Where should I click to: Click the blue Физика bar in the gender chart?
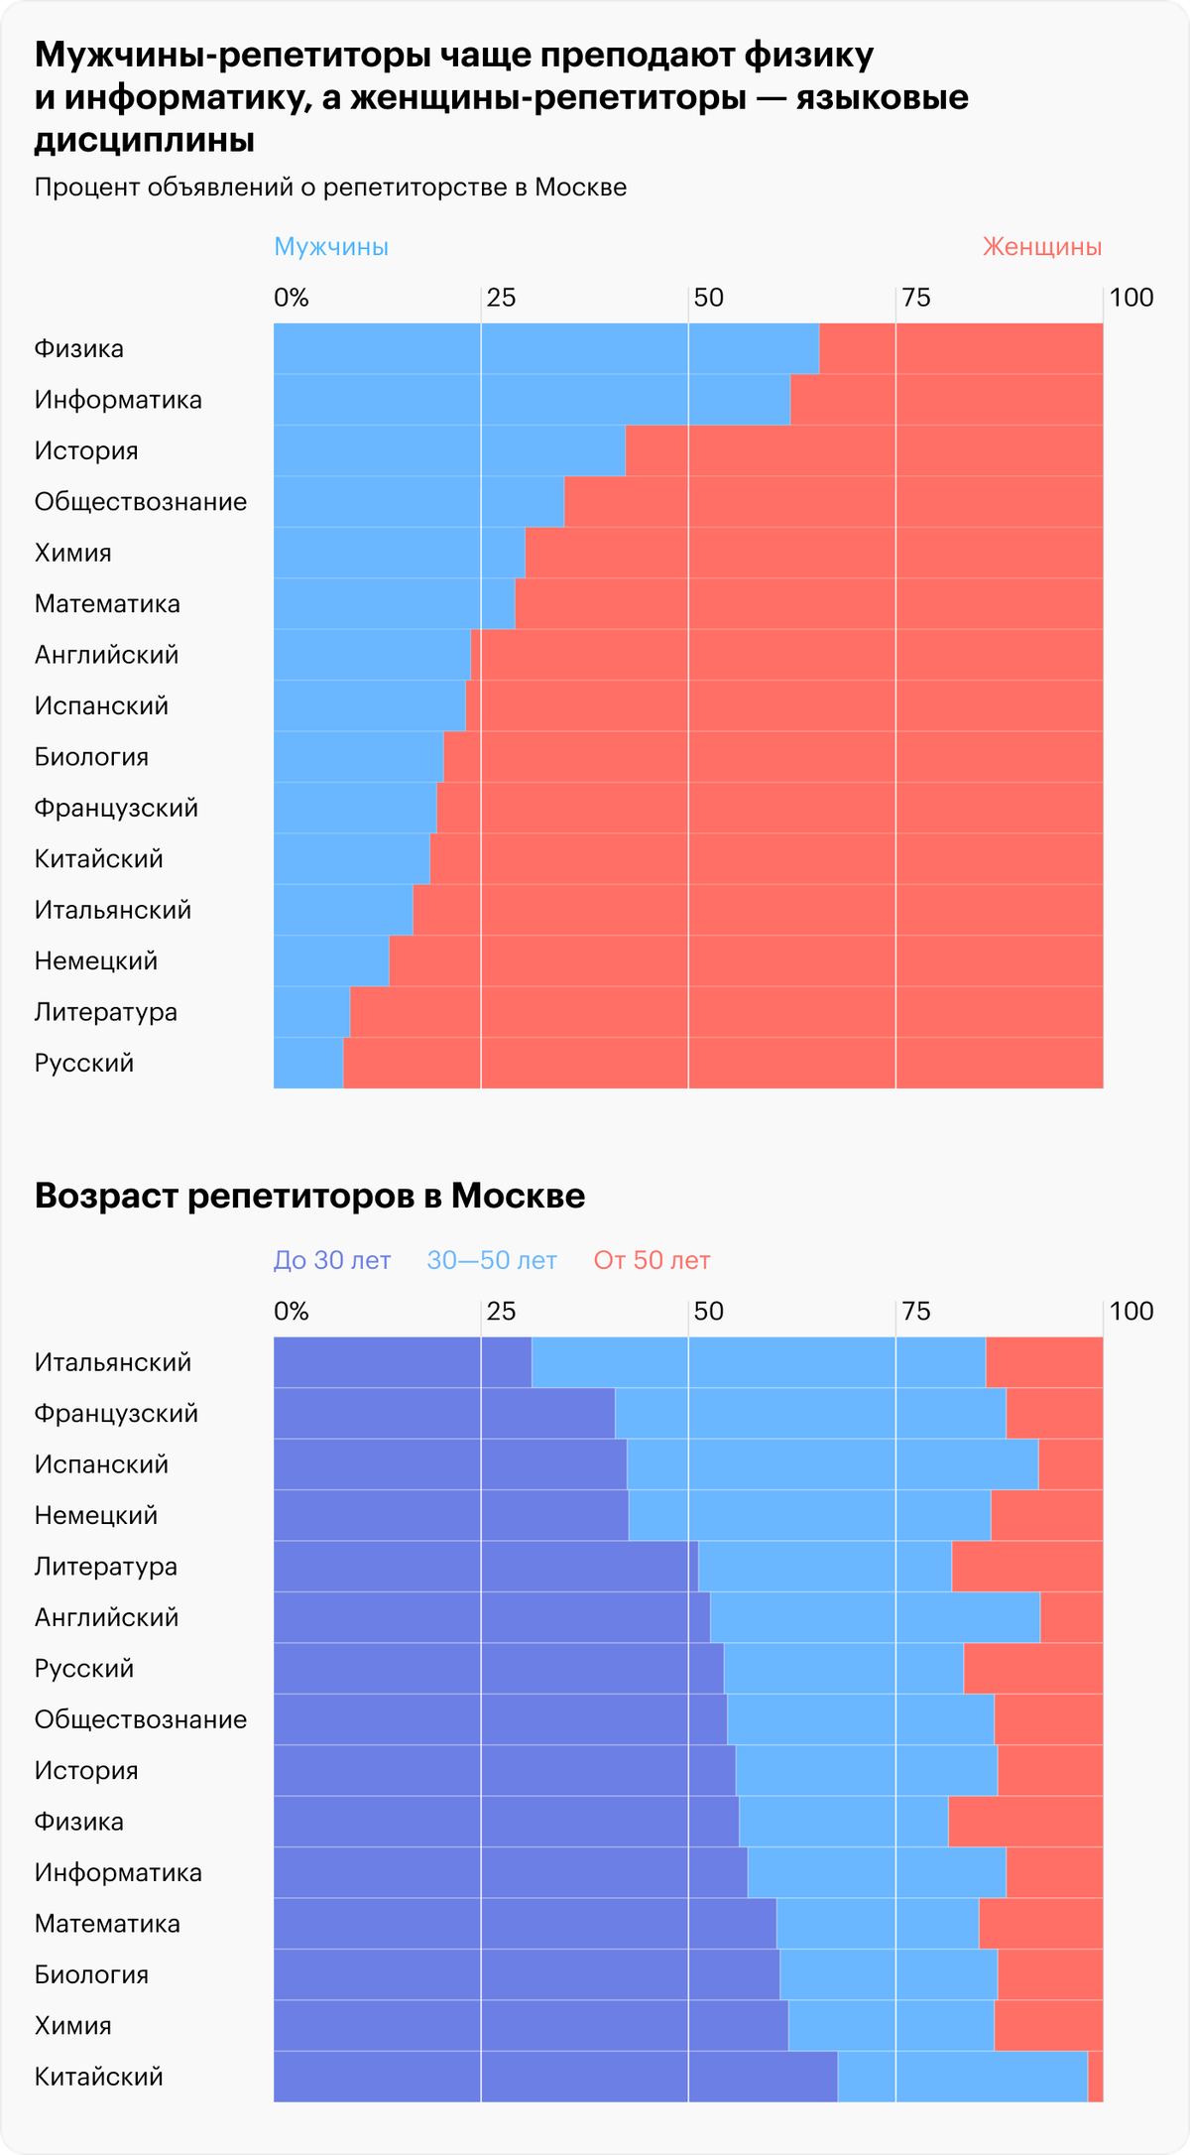545,348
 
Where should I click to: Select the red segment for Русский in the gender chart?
722,1063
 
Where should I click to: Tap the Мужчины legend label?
331,246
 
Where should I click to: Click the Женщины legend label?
1041,246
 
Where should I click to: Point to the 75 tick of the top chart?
916,297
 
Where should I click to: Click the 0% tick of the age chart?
292,1311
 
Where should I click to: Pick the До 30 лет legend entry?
332,1260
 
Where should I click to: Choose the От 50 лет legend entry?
652,1260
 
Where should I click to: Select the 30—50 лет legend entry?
492,1260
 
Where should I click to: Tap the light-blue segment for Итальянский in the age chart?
759,1362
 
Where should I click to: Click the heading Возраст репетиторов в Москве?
309,1196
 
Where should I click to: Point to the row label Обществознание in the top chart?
141,501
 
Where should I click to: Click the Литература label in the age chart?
106,1566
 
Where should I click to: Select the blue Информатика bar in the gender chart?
532,399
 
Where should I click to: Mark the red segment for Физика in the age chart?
1025,1822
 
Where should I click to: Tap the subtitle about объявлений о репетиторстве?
330,188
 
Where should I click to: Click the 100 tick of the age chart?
1130,1311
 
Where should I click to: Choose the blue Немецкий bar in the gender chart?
331,960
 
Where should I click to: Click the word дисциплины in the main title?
145,141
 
